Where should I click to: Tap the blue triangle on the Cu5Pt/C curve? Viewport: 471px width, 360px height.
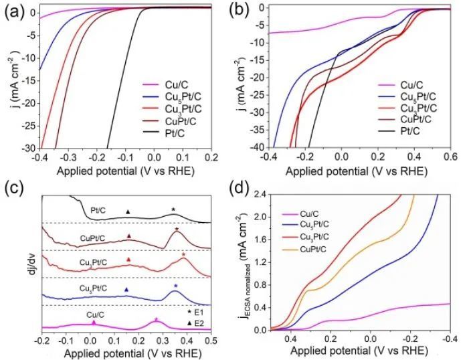(x=126, y=289)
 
